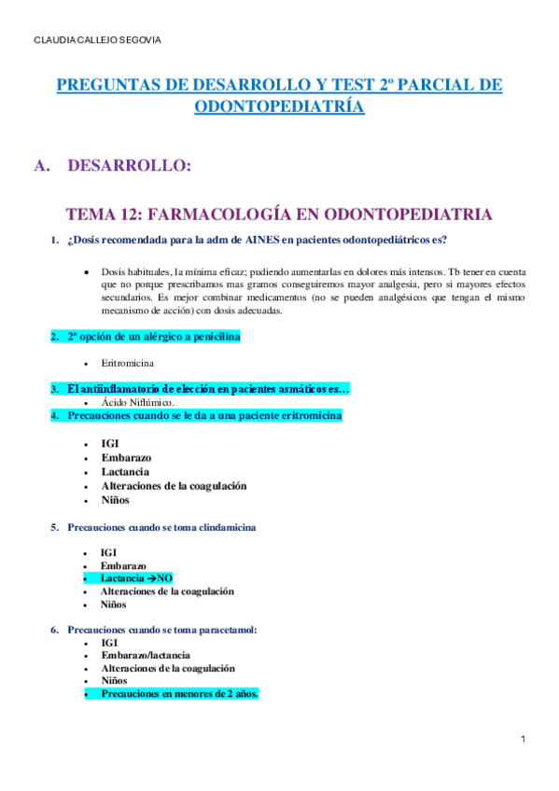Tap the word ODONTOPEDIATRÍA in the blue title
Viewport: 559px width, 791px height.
[x=279, y=106]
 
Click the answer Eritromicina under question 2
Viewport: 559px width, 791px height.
[x=128, y=362]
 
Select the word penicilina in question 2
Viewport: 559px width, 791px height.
[x=211, y=337]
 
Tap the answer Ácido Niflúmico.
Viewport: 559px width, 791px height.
[x=137, y=402]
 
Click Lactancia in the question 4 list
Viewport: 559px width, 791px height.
[x=125, y=472]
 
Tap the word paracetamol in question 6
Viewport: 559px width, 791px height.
[x=224, y=630]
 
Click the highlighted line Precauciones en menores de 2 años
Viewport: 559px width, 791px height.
[x=179, y=694]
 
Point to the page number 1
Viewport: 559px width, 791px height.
[x=524, y=740]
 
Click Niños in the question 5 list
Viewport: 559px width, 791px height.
[x=114, y=604]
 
